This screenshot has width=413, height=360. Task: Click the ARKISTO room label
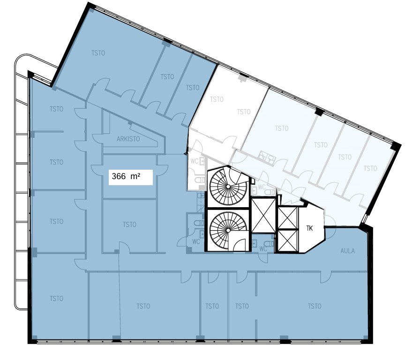pyautogui.click(x=128, y=139)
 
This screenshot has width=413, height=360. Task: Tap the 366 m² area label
pyautogui.click(x=126, y=176)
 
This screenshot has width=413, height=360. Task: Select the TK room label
pyautogui.click(x=309, y=228)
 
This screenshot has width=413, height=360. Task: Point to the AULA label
pyautogui.click(x=347, y=251)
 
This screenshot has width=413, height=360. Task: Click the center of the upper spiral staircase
pyautogui.click(x=228, y=187)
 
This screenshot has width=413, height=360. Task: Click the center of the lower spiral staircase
pyautogui.click(x=228, y=230)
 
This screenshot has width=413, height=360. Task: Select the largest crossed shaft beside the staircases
pyautogui.click(x=263, y=216)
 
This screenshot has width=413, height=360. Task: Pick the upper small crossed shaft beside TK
pyautogui.click(x=287, y=218)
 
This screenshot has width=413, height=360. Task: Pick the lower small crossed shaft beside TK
pyautogui.click(x=287, y=240)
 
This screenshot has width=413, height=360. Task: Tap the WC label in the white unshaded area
pyautogui.click(x=195, y=161)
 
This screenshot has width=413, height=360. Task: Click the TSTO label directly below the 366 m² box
pyautogui.click(x=129, y=225)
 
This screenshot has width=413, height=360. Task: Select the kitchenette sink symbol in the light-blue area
pyautogui.click(x=267, y=157)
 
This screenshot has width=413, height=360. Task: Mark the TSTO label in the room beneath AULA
pyautogui.click(x=315, y=306)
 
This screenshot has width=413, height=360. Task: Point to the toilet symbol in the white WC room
pyautogui.click(x=200, y=180)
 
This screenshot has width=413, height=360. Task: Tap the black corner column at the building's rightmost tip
pyautogui.click(x=395, y=146)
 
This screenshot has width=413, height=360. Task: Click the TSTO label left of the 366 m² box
pyautogui.click(x=56, y=162)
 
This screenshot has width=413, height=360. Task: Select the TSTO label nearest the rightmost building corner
pyautogui.click(x=370, y=168)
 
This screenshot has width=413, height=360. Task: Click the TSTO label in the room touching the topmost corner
pyautogui.click(x=98, y=53)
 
